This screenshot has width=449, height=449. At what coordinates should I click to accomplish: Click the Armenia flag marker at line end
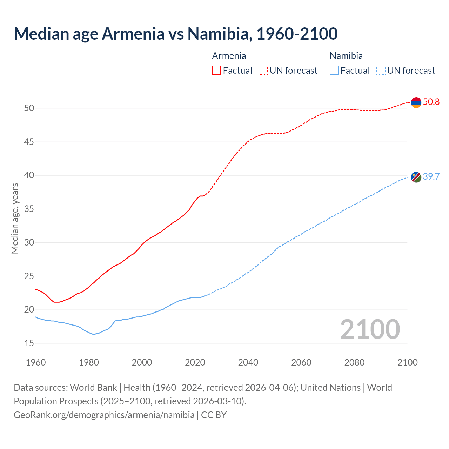[416, 102]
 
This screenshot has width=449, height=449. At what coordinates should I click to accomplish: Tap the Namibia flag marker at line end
[416, 177]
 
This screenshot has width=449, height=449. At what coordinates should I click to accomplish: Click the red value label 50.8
[431, 102]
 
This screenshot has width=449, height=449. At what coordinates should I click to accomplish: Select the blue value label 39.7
[431, 176]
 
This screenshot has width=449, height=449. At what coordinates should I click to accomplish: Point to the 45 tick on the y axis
[29, 142]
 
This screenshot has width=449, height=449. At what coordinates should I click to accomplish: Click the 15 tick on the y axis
[29, 343]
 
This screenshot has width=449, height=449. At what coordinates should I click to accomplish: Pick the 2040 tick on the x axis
[248, 362]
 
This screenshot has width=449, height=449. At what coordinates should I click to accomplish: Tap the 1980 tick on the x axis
[89, 362]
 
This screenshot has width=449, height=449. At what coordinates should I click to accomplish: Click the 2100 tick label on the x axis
[407, 362]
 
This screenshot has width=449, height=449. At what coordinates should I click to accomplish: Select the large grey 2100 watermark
[370, 329]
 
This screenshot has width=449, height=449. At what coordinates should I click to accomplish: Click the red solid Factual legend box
[216, 71]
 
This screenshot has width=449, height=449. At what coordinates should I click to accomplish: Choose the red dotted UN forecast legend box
[263, 71]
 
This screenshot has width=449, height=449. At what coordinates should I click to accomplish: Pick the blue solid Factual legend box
[334, 71]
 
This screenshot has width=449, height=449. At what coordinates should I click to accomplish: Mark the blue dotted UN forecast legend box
[381, 71]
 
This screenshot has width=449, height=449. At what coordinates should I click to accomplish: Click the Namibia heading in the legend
[346, 56]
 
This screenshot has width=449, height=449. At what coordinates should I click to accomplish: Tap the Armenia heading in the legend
[229, 56]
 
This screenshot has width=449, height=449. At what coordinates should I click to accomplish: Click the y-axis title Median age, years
[15, 218]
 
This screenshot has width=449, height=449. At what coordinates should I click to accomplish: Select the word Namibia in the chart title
[219, 34]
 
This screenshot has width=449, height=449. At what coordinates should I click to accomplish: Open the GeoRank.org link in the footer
[104, 415]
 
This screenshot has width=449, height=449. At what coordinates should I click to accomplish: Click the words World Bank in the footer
[93, 388]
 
